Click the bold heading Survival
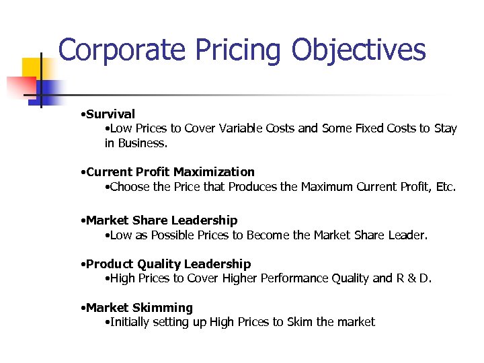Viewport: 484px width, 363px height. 110,114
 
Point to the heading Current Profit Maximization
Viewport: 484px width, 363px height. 170,172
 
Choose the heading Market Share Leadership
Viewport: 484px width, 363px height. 161,220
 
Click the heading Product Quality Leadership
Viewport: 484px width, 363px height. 168,264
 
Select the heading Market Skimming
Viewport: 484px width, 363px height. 139,308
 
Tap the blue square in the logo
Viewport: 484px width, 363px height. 49,89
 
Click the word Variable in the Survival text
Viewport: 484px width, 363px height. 239,128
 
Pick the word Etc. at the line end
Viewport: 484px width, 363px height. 446,186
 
